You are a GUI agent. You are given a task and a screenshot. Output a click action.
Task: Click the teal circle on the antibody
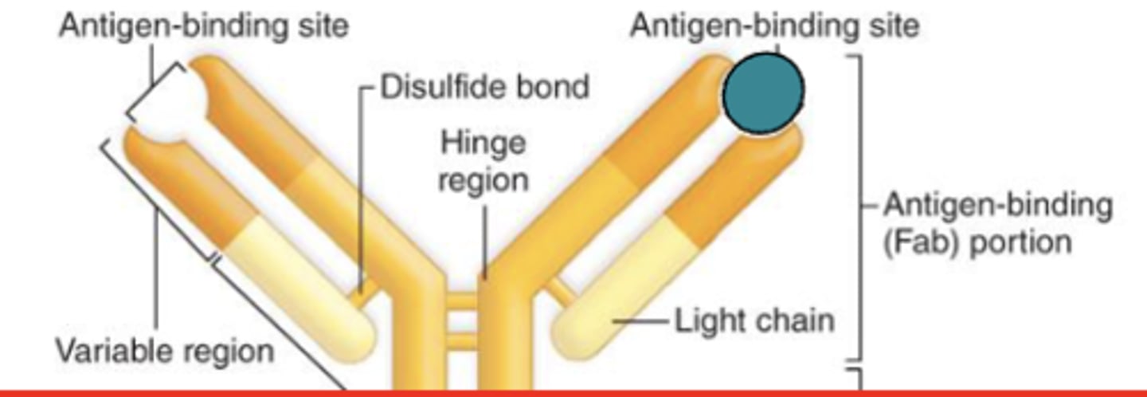coord(763,94)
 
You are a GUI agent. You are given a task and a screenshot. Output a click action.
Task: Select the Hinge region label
coord(483,162)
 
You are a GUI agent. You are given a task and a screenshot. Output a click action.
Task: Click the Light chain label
coord(754,321)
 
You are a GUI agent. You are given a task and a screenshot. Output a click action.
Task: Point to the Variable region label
coord(165,350)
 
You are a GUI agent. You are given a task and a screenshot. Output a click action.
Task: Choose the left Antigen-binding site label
coord(204,26)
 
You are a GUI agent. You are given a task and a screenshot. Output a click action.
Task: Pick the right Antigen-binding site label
coord(774,26)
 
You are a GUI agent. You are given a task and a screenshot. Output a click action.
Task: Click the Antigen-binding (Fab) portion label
coord(996,223)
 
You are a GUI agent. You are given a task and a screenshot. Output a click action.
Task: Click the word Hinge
coord(483,144)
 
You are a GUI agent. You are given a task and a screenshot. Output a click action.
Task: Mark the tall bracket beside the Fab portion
coord(859,207)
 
